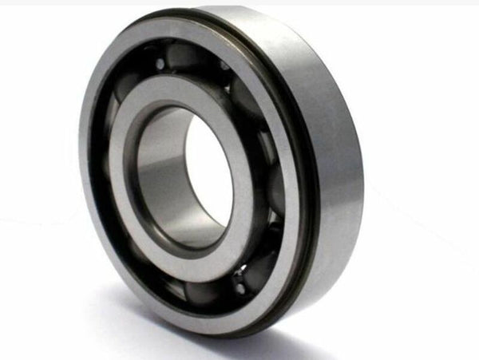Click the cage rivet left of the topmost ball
click(160, 64)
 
